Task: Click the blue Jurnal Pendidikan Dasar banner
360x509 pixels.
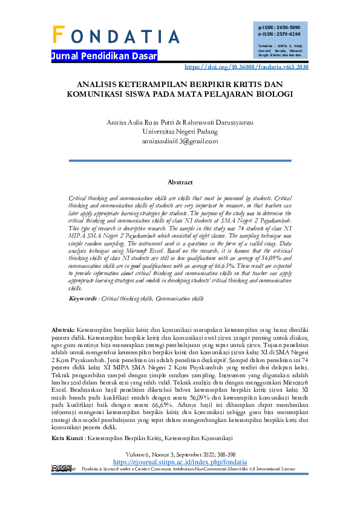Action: (x=104, y=56)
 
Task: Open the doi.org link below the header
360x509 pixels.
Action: (x=246, y=68)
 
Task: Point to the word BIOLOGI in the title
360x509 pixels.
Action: (x=275, y=94)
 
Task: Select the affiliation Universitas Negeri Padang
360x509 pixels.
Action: (x=180, y=131)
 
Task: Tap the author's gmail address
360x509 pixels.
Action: (x=180, y=141)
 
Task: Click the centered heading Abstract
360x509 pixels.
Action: (x=180, y=182)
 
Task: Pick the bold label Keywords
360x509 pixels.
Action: (x=83, y=298)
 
